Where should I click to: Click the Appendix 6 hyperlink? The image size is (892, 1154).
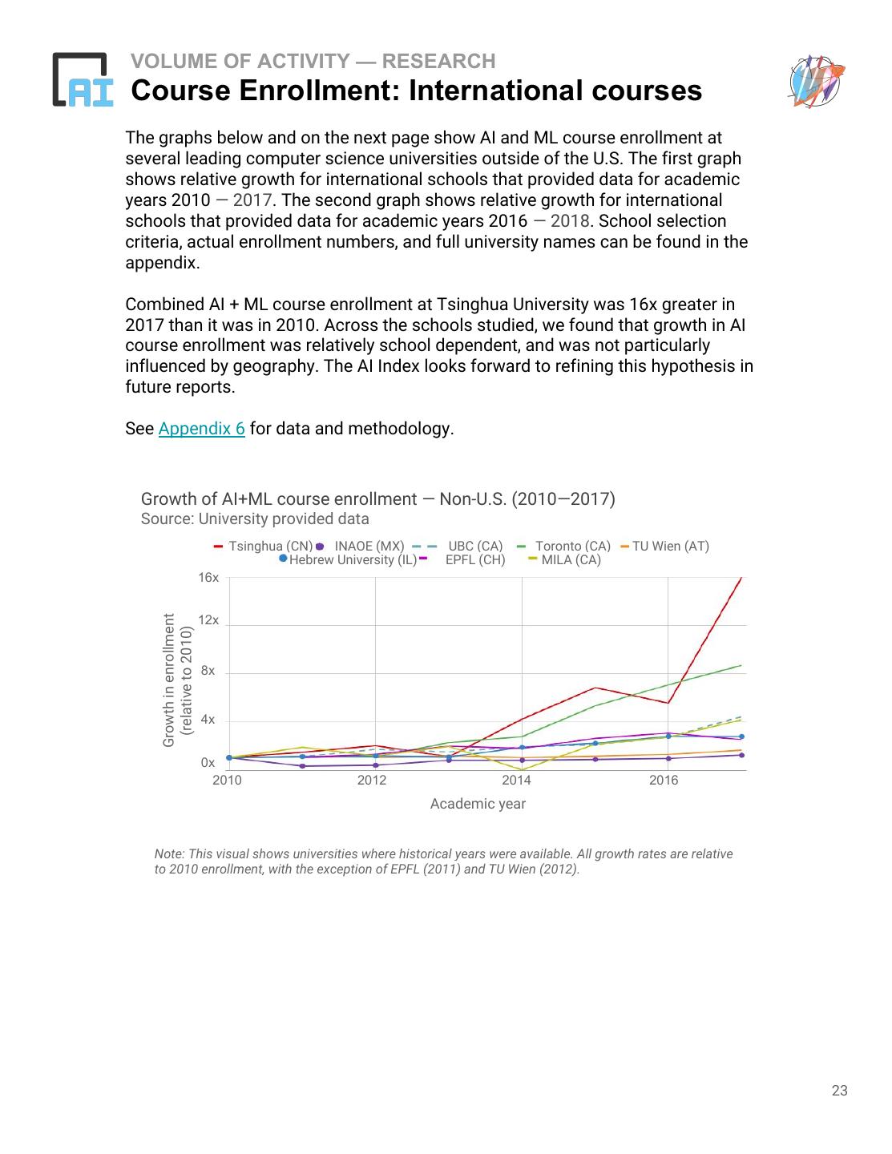point(201,429)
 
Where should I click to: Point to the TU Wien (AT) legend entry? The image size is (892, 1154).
point(670,547)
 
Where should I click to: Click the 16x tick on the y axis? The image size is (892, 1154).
point(208,578)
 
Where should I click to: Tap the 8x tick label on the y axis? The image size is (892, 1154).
point(208,671)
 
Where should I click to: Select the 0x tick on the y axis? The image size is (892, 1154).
point(208,763)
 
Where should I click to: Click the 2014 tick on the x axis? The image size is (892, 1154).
point(516,781)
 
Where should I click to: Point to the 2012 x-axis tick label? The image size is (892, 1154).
point(371,781)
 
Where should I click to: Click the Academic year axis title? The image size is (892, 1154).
point(478,804)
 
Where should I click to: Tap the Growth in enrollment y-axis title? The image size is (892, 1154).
point(177,680)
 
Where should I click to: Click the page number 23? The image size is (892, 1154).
point(839,1091)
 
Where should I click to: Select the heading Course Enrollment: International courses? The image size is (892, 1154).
point(416,91)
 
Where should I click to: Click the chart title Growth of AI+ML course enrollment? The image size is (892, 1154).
point(377,499)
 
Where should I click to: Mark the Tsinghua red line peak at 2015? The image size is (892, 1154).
point(595,688)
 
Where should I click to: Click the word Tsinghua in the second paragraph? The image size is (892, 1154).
point(474,305)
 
